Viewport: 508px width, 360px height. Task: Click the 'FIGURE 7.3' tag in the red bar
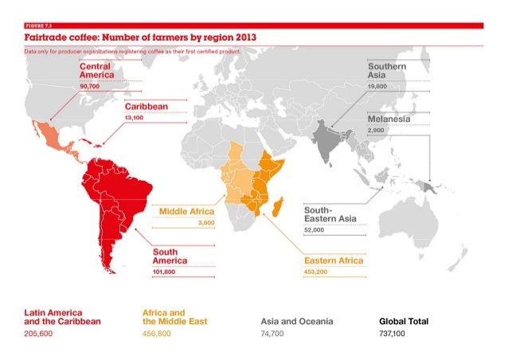38,27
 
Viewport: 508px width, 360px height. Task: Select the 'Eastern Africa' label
333,260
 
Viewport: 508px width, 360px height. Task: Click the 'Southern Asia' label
387,69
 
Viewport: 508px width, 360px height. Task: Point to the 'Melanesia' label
389,119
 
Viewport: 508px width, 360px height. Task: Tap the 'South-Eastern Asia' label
330,213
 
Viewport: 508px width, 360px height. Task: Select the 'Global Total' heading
404,321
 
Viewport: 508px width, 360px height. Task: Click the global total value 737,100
393,335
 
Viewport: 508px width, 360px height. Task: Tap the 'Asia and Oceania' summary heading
296,321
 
